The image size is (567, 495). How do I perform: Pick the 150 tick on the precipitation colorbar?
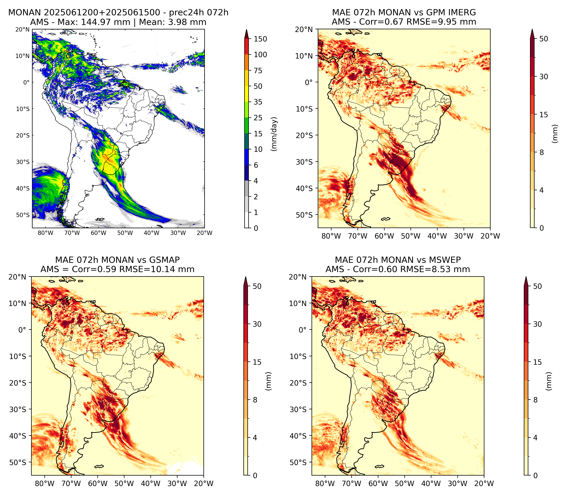tap(260, 39)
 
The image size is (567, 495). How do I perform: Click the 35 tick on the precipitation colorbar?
tap(258, 102)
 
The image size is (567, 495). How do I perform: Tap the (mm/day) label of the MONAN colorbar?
tap(274, 134)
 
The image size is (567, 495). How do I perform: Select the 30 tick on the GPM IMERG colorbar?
tap(544, 77)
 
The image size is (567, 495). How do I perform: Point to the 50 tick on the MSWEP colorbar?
tap(537, 286)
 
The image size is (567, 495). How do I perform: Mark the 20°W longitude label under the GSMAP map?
tap(204, 483)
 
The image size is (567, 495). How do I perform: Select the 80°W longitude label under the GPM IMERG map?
tap(331, 236)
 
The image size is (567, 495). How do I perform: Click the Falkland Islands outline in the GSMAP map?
tap(99, 466)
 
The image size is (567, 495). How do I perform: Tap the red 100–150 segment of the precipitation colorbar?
tap(247, 47)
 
